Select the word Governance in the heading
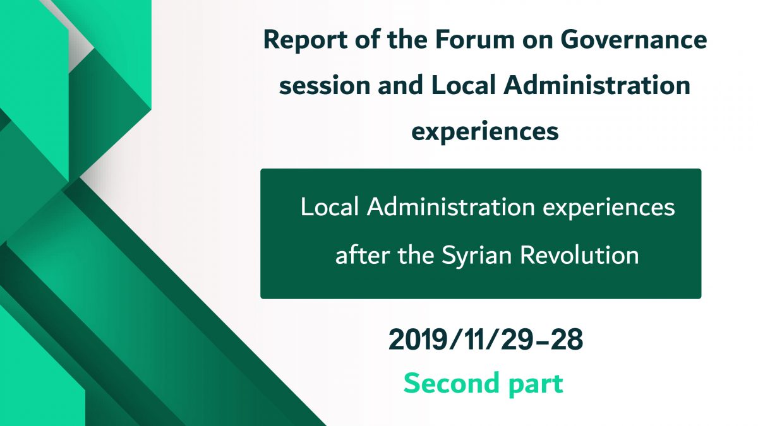click(x=634, y=39)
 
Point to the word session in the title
click(x=325, y=86)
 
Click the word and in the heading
click(x=400, y=85)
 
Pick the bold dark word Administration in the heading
click(x=597, y=85)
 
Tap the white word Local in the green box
click(x=329, y=206)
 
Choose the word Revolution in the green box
click(x=579, y=254)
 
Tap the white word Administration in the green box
click(x=451, y=206)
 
